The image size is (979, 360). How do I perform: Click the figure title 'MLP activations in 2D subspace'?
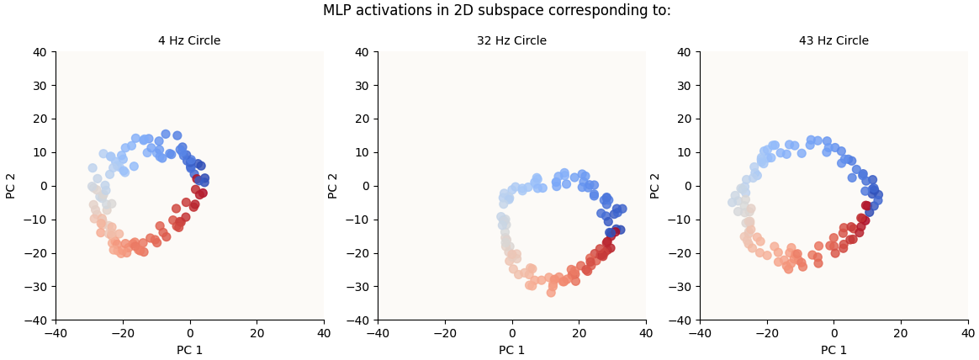[x=497, y=11]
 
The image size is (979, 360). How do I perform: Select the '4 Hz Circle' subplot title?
[x=189, y=41]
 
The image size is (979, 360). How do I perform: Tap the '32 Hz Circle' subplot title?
[x=511, y=41]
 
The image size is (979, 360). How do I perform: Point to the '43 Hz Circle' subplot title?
[x=833, y=41]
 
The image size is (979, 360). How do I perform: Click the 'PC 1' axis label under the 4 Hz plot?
[x=189, y=350]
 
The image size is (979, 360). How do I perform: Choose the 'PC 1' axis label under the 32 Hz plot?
[x=511, y=350]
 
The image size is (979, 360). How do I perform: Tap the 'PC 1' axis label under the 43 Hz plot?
[x=833, y=350]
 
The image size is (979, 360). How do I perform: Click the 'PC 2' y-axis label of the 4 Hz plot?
[x=11, y=186]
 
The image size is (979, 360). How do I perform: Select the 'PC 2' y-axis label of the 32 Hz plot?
[x=333, y=186]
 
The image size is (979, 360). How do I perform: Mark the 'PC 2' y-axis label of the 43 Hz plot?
[x=655, y=186]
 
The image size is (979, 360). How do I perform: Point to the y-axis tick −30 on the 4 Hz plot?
[x=37, y=287]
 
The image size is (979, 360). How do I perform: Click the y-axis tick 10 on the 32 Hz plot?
[x=362, y=152]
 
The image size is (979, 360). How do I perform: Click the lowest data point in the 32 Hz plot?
[x=551, y=293]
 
